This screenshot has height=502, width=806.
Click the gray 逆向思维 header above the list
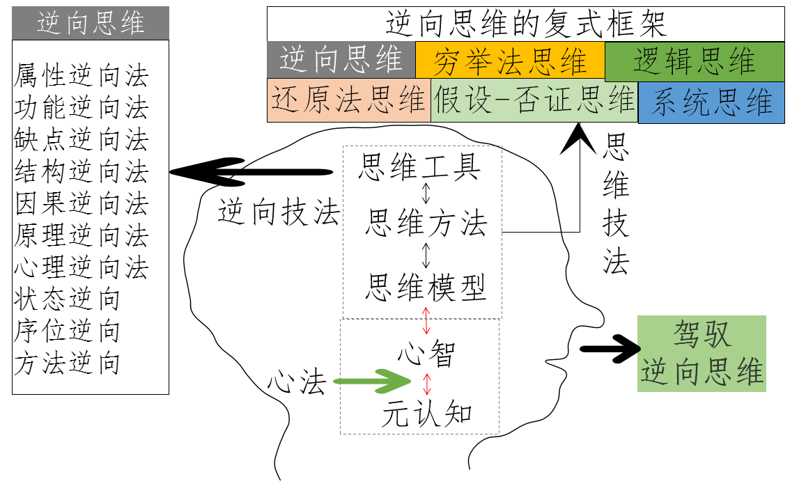click(91, 23)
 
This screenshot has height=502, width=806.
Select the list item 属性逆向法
click(81, 76)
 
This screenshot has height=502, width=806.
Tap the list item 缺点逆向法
click(81, 140)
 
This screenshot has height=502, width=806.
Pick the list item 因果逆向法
click(81, 204)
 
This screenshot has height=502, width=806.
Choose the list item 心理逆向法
click(81, 268)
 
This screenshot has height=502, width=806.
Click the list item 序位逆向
click(67, 331)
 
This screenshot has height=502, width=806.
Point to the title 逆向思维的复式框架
click(526, 24)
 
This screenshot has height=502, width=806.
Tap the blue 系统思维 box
click(711, 103)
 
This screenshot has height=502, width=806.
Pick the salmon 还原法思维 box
click(348, 100)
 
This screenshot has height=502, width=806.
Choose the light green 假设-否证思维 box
click(534, 100)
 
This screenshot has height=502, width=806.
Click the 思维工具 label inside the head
click(419, 167)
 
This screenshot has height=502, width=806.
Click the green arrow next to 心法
click(372, 382)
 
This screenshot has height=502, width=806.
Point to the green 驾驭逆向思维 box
click(702, 353)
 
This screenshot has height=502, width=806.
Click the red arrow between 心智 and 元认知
click(427, 384)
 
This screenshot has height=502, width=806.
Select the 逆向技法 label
click(278, 213)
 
